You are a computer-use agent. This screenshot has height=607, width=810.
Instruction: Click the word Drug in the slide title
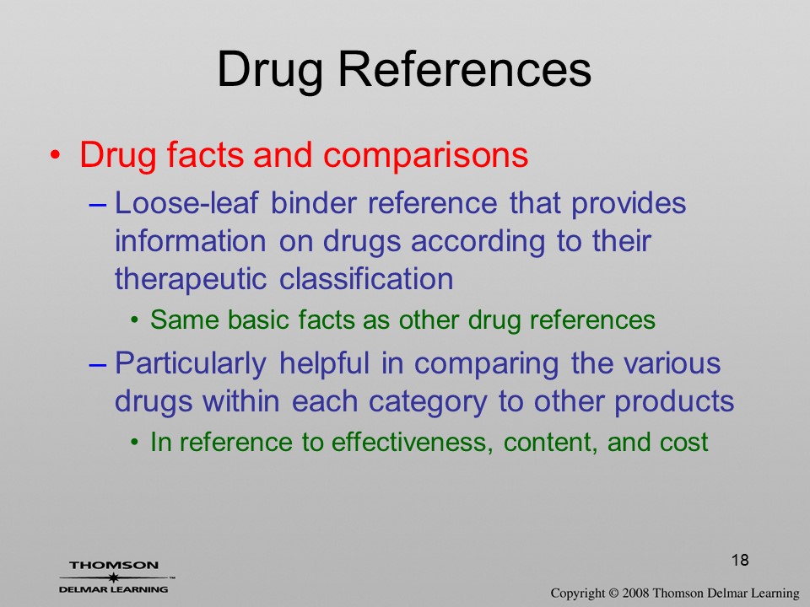[x=270, y=71]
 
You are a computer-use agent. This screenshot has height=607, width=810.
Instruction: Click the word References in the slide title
[x=465, y=69]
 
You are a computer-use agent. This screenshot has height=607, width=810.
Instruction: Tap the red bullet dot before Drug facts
[x=56, y=155]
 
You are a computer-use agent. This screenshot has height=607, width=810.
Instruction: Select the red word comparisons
[x=425, y=155]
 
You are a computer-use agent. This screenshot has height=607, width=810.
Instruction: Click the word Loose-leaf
[x=186, y=202]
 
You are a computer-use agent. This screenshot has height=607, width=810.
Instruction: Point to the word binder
[x=313, y=202]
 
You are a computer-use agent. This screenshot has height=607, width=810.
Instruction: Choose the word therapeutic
[x=191, y=280]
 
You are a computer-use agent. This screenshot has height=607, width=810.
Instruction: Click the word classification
[x=366, y=279]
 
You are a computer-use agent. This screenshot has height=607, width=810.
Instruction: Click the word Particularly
[x=190, y=363]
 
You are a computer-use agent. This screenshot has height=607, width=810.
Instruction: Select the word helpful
[x=324, y=363]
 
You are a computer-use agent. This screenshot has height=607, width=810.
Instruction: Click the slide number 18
[x=740, y=560]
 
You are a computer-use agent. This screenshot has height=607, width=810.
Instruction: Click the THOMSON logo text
[x=114, y=565]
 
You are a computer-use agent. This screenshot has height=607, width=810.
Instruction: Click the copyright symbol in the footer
[x=613, y=594]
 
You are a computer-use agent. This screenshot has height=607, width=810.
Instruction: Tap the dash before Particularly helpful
[x=98, y=364]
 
